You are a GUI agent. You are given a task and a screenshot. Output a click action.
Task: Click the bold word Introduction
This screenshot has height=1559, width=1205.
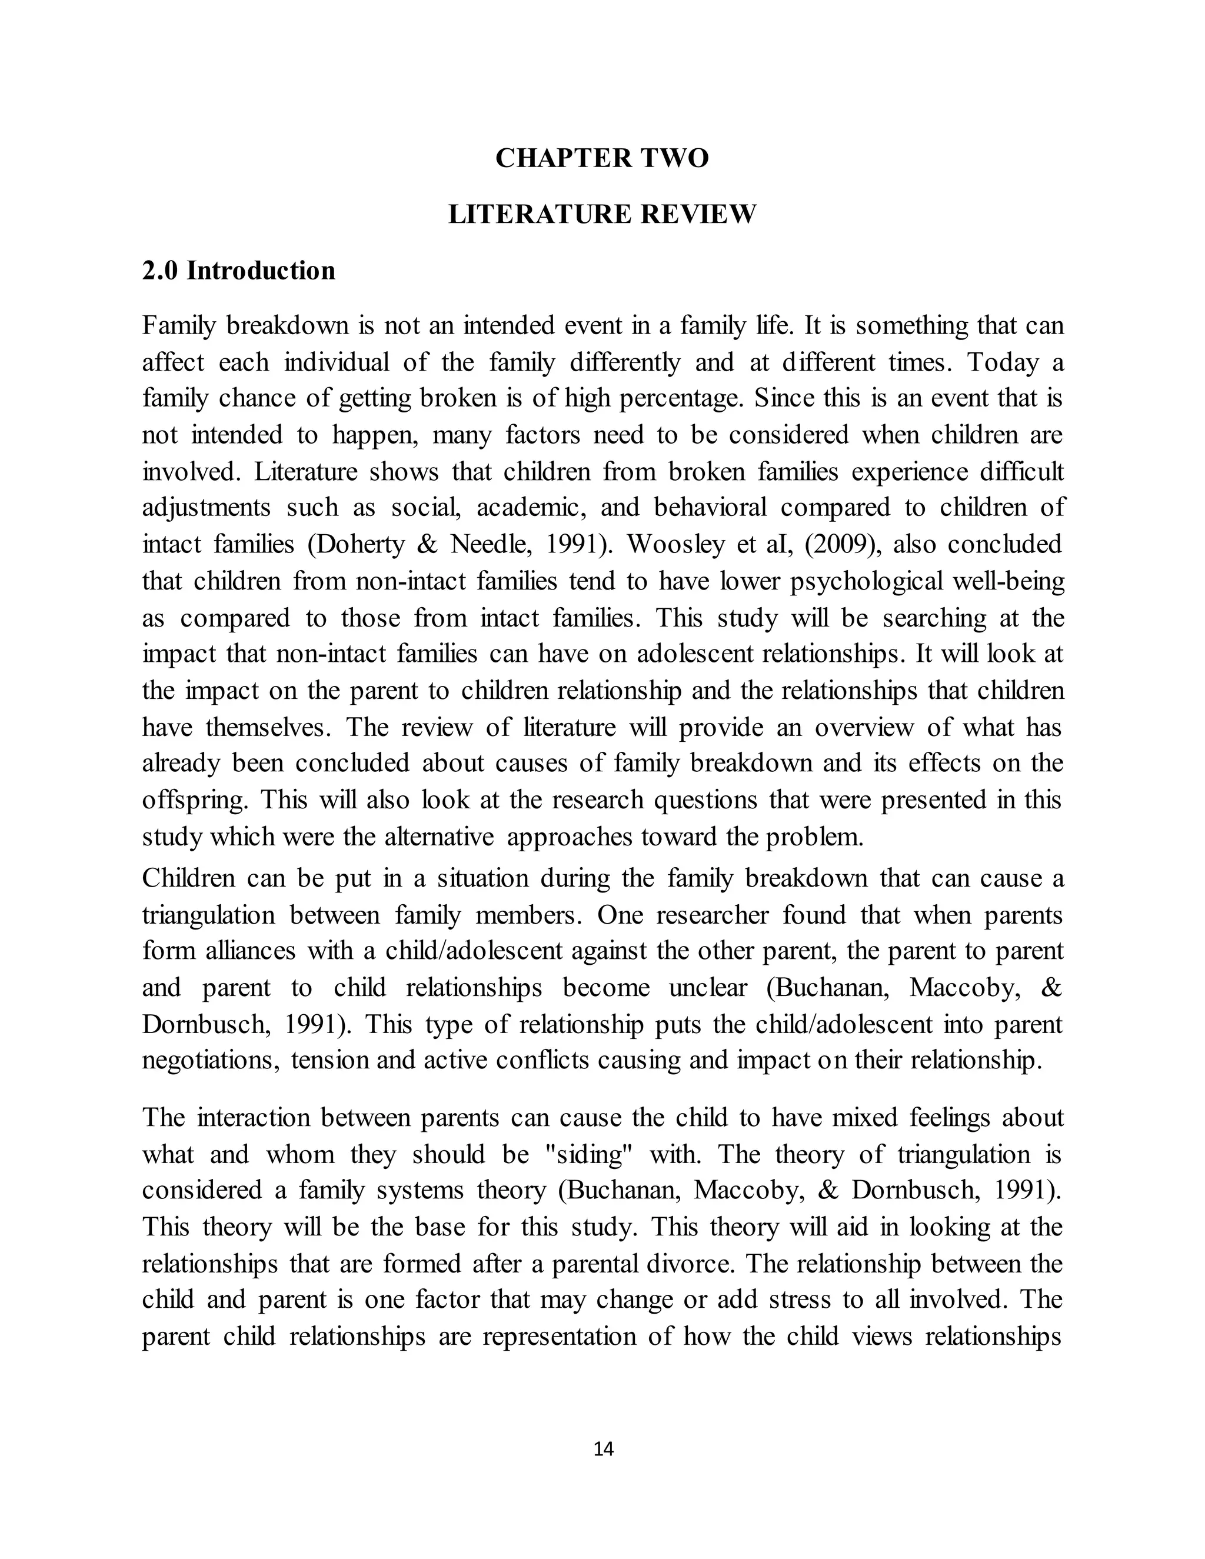pyautogui.click(x=261, y=271)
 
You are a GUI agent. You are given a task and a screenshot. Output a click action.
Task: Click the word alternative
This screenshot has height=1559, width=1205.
pyautogui.click(x=438, y=837)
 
